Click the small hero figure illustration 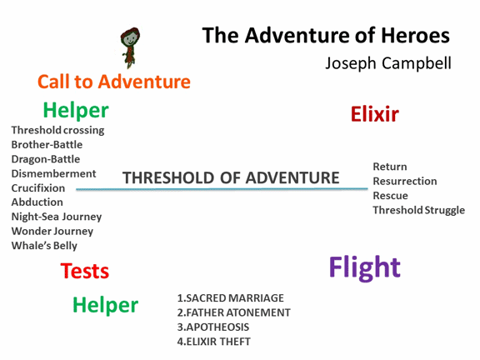pos(130,47)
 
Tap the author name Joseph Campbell pos(388,63)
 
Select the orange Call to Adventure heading pos(114,82)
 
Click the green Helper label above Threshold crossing pos(76,110)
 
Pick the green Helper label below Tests pos(106,305)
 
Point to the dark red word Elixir pos(375,114)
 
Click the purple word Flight pos(365,267)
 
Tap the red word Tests pos(85,271)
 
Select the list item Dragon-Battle pos(46,159)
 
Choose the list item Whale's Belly pos(44,246)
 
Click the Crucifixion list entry pos(38,188)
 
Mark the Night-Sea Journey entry pos(57,217)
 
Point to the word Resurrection pos(405,181)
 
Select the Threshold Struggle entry pos(419,210)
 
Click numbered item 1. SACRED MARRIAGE pos(231,297)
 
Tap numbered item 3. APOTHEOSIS pos(213,327)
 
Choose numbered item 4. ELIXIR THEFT pos(213,342)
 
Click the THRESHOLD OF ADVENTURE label pos(231,177)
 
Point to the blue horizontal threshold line pos(222,189)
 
